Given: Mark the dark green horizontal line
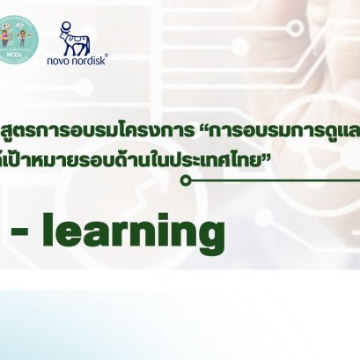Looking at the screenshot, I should pos(273,181).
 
